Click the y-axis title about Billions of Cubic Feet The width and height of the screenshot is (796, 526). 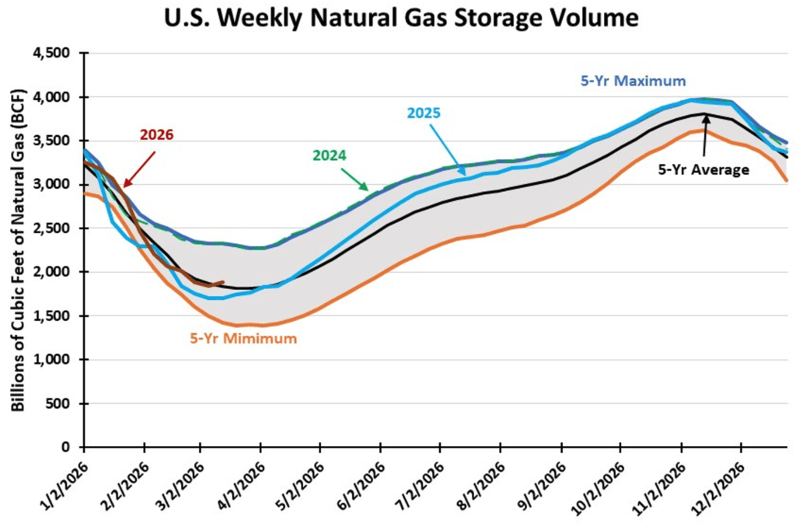pos(18,250)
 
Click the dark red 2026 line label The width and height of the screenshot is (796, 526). pos(156,134)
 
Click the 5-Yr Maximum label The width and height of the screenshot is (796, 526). pos(634,81)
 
